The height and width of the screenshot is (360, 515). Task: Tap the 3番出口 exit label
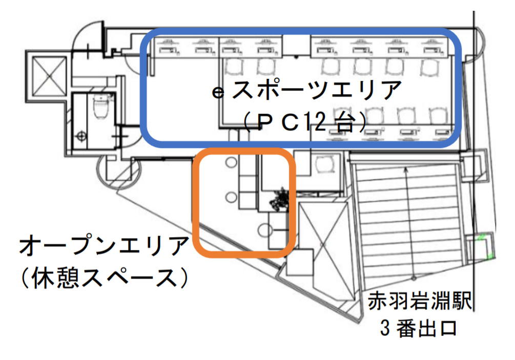coord(419,328)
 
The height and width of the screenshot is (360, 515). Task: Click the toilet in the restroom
coord(100,105)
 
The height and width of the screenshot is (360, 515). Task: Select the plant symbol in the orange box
coord(280,200)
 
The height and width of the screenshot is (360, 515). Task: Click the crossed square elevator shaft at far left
coord(49,76)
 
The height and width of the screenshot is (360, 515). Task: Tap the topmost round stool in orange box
coord(231,162)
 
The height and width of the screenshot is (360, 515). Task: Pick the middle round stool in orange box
coord(231,197)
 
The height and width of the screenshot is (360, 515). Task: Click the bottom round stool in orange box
coord(263,230)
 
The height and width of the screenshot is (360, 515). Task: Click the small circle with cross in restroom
coord(81,135)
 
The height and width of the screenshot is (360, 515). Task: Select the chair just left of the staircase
coord(325,164)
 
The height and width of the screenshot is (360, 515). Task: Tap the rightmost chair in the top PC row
coord(430,67)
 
